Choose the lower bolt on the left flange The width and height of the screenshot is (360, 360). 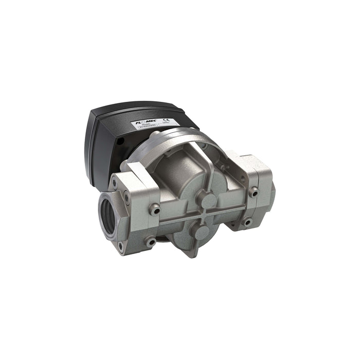(150, 240)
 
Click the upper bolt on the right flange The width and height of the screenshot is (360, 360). (253, 192)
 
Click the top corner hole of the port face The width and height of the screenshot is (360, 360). (114, 184)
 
